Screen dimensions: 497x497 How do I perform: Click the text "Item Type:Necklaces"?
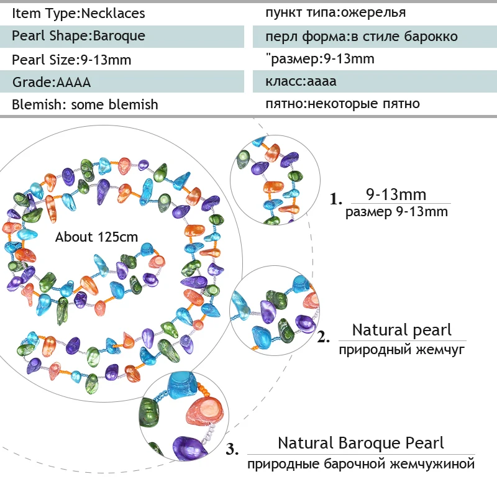click(78, 13)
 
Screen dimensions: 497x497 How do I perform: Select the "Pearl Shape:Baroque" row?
click(78, 35)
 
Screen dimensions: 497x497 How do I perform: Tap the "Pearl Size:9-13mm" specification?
click(71, 60)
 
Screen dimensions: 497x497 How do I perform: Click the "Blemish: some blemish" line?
click(85, 104)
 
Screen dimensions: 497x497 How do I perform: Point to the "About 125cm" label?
click(96, 237)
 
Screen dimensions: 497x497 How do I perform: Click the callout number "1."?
click(336, 200)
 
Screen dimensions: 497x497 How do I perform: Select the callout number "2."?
click(324, 338)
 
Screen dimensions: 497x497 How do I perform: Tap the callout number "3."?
click(232, 449)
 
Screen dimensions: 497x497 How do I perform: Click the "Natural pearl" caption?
click(401, 330)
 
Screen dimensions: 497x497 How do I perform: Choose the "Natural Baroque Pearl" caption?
click(360, 443)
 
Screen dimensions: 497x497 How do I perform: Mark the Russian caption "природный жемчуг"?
click(401, 350)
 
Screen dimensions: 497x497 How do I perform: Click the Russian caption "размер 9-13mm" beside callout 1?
click(396, 212)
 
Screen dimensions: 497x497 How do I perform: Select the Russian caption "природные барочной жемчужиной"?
click(360, 464)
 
